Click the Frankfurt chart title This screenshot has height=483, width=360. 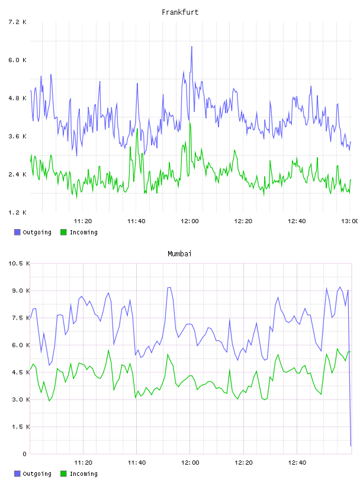[180, 12]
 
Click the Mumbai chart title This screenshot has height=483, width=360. [179, 254]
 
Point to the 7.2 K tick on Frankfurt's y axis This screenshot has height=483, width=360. [18, 22]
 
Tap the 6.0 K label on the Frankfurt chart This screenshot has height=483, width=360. [18, 60]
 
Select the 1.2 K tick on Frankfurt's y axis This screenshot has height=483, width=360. [18, 212]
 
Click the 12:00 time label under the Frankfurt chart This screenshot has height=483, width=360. [190, 221]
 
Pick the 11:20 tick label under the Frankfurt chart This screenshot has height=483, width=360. [83, 221]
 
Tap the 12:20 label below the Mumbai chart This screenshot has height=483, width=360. [243, 463]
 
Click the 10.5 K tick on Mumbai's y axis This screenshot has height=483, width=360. [19, 263]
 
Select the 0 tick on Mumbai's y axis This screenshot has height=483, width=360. [24, 454]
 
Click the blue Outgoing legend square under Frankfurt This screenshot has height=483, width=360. [17, 232]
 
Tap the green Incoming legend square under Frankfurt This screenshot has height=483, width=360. [63, 232]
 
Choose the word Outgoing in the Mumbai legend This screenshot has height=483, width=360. [37, 474]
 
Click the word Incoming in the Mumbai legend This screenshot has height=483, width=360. [83, 474]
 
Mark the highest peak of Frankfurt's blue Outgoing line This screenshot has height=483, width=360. [192, 47]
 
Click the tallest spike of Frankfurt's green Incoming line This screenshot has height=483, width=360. [190, 122]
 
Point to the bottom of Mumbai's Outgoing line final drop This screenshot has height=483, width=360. [351, 446]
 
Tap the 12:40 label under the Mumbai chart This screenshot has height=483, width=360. [297, 463]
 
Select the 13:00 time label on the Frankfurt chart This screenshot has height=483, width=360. [349, 221]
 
